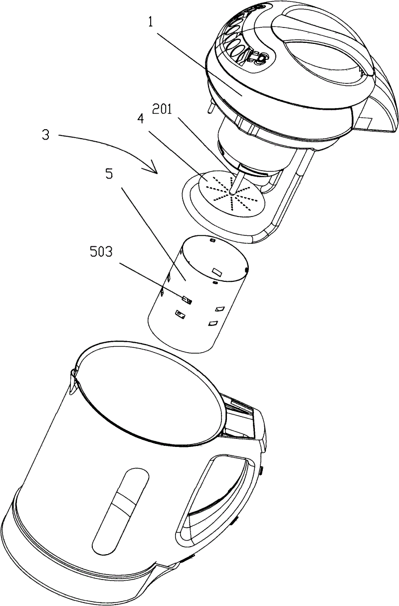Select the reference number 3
(x=45, y=135)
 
